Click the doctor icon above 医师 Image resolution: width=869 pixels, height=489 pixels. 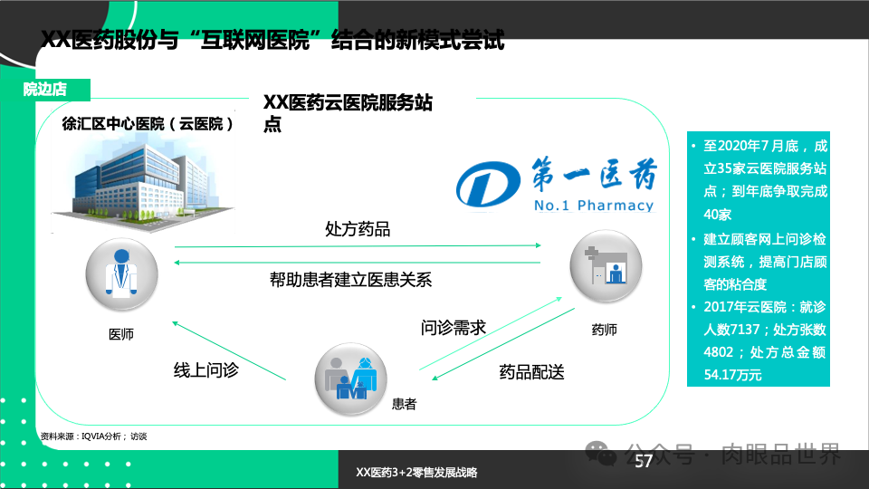tap(121, 275)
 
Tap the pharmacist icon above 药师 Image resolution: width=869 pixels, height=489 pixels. tap(605, 267)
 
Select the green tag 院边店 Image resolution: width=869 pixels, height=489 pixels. tap(44, 89)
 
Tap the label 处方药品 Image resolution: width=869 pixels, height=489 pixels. tap(358, 229)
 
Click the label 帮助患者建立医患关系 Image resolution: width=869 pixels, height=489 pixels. tap(350, 280)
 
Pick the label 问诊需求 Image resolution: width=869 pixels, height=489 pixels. tap(454, 327)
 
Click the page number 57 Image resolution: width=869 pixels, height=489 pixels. tap(644, 462)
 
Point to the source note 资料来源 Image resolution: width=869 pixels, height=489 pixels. tap(93, 436)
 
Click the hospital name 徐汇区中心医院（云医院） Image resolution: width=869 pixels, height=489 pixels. tap(148, 124)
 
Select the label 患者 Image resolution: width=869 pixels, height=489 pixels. tap(404, 405)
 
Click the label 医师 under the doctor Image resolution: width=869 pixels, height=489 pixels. tap(121, 334)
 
